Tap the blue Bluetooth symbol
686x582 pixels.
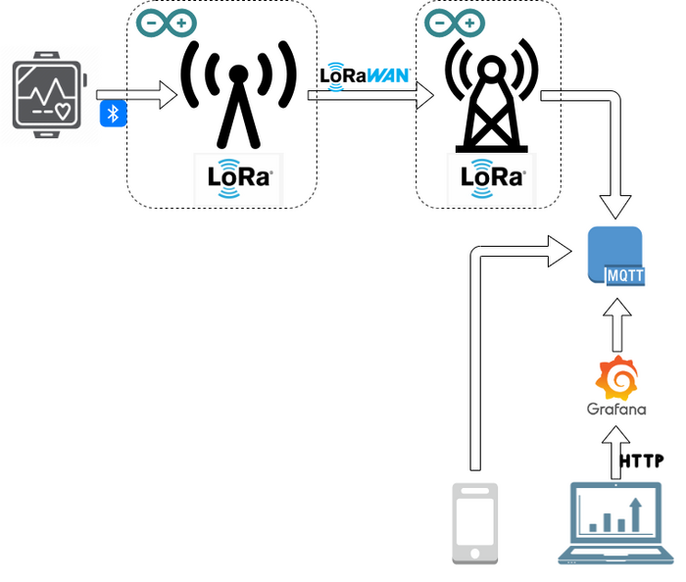pos(113,114)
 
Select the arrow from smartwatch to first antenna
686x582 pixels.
pos(137,95)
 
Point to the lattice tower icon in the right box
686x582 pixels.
pos(492,93)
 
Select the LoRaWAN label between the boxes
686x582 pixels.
pos(365,75)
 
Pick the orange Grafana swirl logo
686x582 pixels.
pos(616,378)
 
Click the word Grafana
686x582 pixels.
pos(616,409)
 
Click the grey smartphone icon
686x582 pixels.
pos(474,523)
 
